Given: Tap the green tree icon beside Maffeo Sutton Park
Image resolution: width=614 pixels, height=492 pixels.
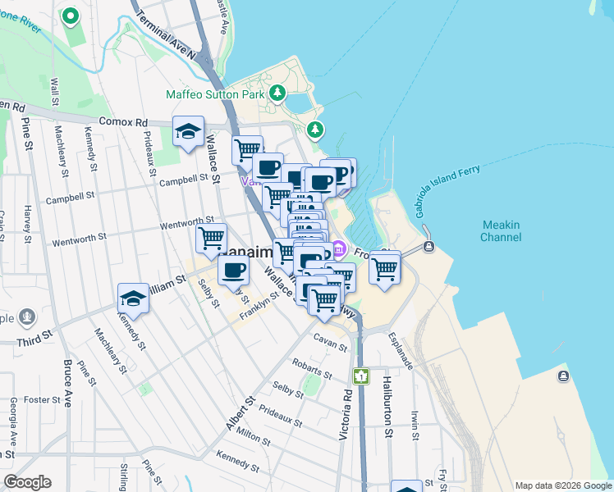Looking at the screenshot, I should pos(278,93).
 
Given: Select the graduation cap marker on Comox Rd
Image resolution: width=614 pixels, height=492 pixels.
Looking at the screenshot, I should pos(188,132).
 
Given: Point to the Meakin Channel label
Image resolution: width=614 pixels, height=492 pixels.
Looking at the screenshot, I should pos(502,231).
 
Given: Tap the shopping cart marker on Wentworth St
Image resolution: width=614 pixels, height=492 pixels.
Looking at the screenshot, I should pos(211,239).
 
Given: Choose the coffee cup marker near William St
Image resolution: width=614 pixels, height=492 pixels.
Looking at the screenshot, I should pos(233,270).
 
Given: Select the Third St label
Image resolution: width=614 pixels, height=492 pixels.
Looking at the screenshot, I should pos(34,335).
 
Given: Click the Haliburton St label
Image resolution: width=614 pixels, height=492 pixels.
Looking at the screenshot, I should pos(385,402).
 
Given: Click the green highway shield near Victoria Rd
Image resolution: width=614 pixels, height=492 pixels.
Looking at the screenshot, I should pos(360,376).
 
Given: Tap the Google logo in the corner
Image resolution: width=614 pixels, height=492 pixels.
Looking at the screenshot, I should pos(27,482).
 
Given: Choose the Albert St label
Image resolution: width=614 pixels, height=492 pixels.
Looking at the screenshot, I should pos(237,416).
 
